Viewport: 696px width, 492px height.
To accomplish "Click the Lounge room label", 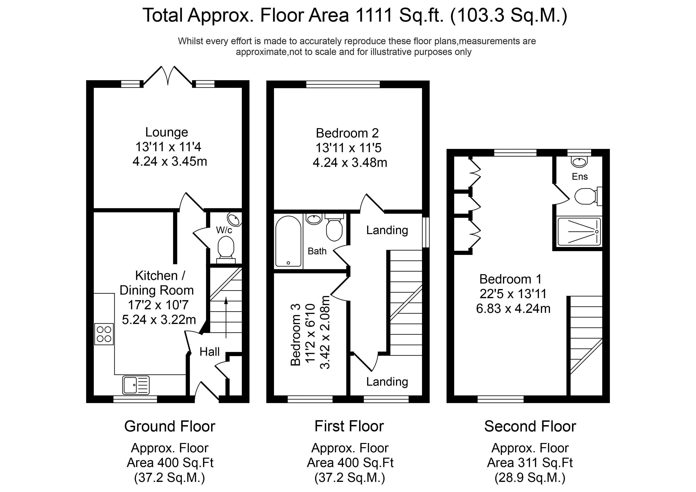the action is (167, 132).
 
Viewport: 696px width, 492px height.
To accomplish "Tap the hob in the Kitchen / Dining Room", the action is (104, 334).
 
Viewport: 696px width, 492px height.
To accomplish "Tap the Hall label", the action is (210, 352).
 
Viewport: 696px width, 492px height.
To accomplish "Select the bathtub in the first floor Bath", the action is (288, 241).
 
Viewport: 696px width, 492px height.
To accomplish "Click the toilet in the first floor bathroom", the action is (334, 227).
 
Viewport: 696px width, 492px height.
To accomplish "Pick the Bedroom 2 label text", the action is (347, 133).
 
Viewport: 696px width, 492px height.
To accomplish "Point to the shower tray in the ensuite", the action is (579, 232).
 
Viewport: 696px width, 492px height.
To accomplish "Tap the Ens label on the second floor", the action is (580, 176).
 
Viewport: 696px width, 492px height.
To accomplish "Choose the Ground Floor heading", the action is (170, 427).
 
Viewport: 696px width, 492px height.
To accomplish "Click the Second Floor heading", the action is (530, 427).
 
